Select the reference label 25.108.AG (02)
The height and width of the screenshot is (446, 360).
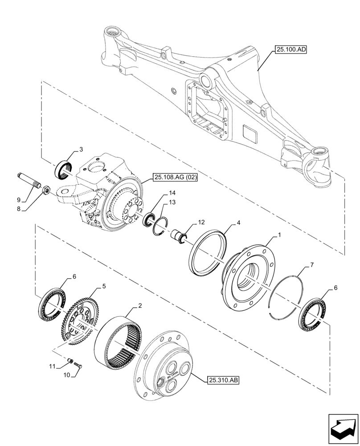point(176,178)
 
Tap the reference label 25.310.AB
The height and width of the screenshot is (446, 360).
point(223,380)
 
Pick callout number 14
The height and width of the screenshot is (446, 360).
point(172,194)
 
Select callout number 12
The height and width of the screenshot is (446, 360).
point(201,222)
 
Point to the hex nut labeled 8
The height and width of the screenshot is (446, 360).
point(45,190)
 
